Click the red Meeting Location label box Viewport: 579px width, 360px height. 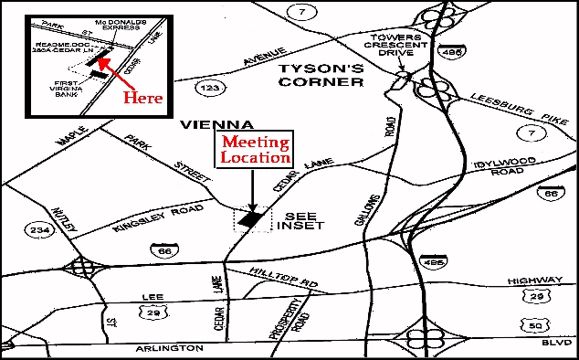[x=256, y=151]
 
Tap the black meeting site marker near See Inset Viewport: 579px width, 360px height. [x=251, y=219]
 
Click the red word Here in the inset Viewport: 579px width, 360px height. [x=142, y=96]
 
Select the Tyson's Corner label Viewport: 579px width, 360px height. [x=317, y=75]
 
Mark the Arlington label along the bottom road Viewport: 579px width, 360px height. [x=171, y=348]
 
